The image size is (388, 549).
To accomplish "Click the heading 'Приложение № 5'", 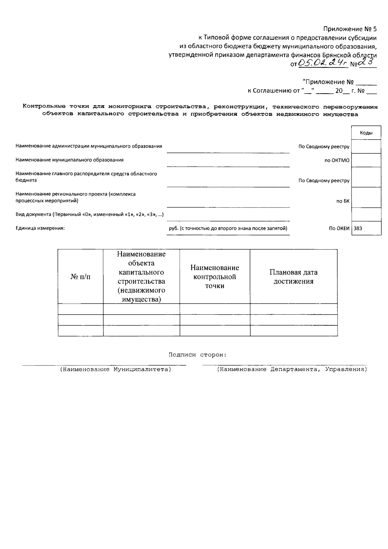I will click(350, 29).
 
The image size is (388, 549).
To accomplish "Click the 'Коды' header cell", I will click(366, 133).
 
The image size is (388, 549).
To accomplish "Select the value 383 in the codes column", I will click(358, 228).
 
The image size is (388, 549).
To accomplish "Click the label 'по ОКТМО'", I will click(337, 160).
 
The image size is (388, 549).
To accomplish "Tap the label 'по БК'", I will click(343, 201).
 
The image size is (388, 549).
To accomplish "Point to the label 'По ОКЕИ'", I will click(339, 228).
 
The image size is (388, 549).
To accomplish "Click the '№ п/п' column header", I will click(81, 277).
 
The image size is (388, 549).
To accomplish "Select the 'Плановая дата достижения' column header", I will click(293, 277).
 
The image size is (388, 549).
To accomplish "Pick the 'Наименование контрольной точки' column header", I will click(215, 277).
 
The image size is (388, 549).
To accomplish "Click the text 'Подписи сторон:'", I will click(198, 355).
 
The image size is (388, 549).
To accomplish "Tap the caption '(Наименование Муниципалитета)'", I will click(115, 369).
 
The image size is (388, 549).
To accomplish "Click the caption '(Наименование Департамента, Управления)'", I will click(292, 369).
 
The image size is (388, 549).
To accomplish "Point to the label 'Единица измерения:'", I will click(40, 228).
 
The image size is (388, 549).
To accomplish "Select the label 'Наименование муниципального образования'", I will click(70, 160).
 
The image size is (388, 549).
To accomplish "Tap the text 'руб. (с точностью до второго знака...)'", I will click(228, 228).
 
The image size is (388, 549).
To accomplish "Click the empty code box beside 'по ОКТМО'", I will click(366, 160).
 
